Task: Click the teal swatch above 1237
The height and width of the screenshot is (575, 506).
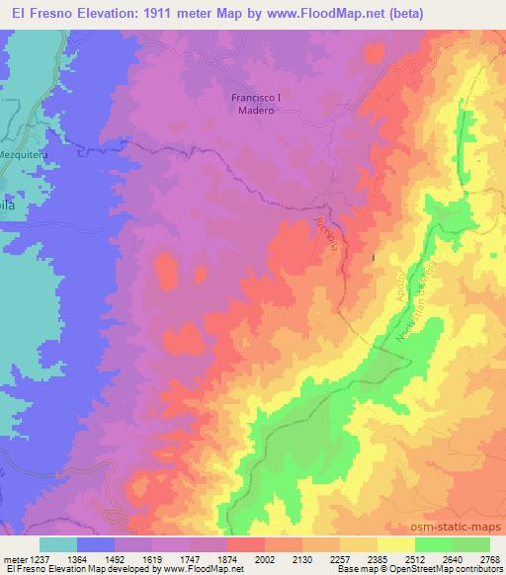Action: pyautogui.click(x=58, y=544)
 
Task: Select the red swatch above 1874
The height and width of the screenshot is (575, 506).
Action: pyautogui.click(x=246, y=544)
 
